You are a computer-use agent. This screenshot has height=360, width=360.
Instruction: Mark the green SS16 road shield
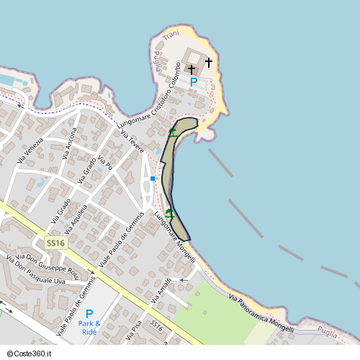point(55,243)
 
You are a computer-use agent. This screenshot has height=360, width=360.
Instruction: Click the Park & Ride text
point(89,328)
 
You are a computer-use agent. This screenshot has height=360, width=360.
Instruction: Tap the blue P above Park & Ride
point(89,314)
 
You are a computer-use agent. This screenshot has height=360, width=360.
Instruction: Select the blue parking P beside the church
point(193,82)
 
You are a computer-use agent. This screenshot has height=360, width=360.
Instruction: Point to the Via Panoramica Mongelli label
point(261,313)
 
